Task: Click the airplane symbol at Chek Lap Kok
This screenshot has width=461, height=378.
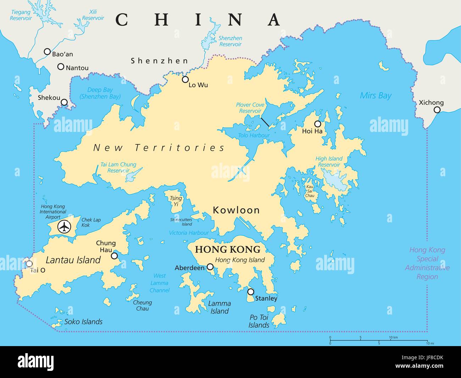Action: (x=64, y=227)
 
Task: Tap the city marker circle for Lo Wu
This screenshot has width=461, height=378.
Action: (x=185, y=79)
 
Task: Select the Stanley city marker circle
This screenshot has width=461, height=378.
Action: (x=251, y=292)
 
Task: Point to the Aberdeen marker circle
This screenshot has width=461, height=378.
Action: (x=210, y=267)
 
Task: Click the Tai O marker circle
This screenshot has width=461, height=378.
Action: (x=29, y=264)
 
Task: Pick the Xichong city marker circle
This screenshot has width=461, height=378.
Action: (x=437, y=110)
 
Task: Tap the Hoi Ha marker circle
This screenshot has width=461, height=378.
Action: (x=318, y=124)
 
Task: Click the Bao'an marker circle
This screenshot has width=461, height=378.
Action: (x=47, y=52)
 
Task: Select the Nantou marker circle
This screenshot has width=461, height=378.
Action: (x=61, y=66)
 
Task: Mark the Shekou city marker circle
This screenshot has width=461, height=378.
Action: (x=64, y=102)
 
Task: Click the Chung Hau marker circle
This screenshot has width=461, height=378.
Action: (x=114, y=256)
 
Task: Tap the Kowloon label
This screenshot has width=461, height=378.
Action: (x=236, y=210)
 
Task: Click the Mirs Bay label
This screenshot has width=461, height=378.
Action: (x=376, y=95)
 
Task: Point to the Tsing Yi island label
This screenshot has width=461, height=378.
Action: (x=176, y=201)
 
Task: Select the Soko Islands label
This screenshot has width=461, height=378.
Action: (x=83, y=322)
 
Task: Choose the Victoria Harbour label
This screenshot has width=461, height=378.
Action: (x=189, y=233)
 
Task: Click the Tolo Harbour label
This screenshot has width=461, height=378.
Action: (x=254, y=135)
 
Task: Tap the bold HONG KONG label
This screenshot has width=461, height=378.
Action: (x=228, y=249)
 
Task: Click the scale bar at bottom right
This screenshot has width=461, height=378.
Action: (x=379, y=341)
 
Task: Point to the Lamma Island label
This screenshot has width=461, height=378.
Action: (x=220, y=307)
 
